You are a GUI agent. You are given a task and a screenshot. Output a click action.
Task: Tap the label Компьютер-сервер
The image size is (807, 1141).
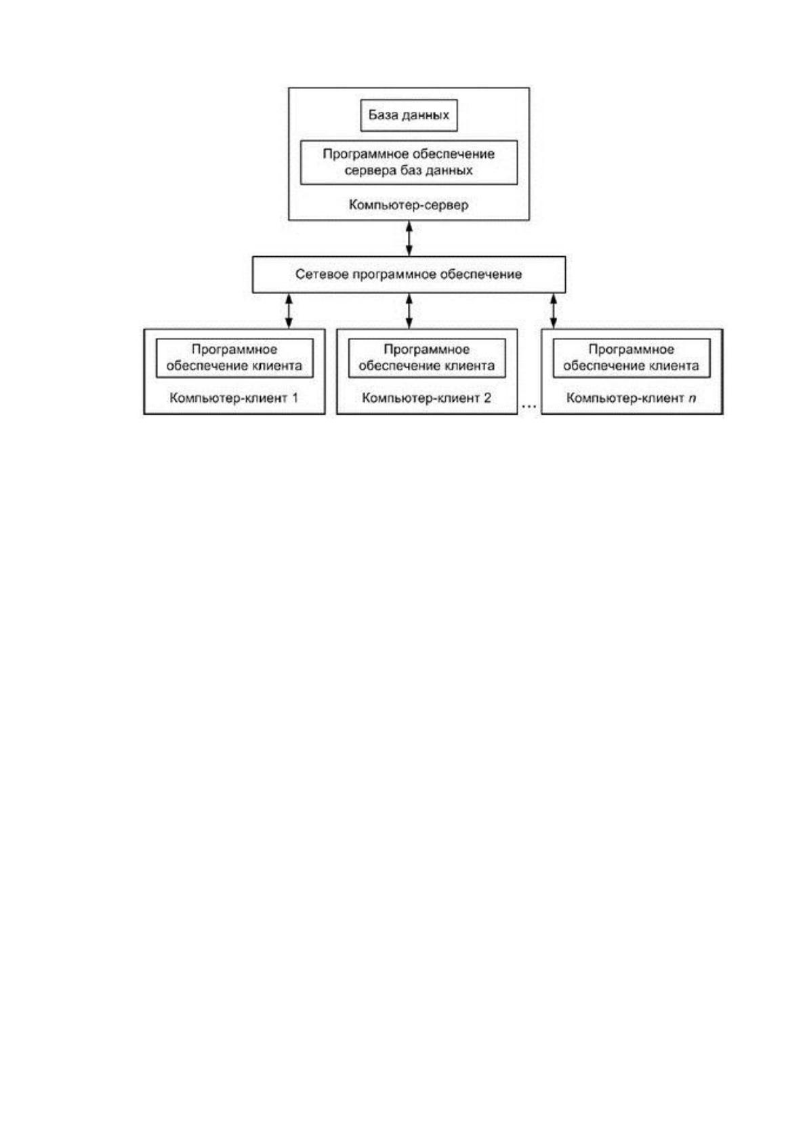(409, 205)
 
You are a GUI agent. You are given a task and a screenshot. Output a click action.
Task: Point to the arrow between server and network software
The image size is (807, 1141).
(409, 238)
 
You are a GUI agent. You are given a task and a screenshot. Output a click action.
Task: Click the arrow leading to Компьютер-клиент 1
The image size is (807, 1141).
(289, 311)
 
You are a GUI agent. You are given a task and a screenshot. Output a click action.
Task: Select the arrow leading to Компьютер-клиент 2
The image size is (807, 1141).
(409, 311)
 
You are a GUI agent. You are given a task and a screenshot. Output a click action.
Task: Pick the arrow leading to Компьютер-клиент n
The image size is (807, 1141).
(554, 311)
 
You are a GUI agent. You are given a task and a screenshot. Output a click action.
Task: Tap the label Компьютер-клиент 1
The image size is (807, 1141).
(234, 398)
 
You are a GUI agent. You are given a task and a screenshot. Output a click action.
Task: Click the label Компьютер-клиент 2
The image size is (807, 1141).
(426, 398)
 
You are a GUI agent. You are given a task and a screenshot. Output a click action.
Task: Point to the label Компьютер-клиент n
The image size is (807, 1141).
(632, 398)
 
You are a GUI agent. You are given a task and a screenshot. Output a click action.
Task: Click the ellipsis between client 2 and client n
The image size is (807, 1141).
(529, 406)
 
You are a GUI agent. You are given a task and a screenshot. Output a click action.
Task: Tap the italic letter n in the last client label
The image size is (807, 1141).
(692, 398)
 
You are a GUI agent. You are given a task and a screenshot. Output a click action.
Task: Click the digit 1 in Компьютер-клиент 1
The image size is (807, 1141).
(295, 397)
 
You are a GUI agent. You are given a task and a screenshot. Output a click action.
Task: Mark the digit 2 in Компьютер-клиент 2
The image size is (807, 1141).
(488, 397)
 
